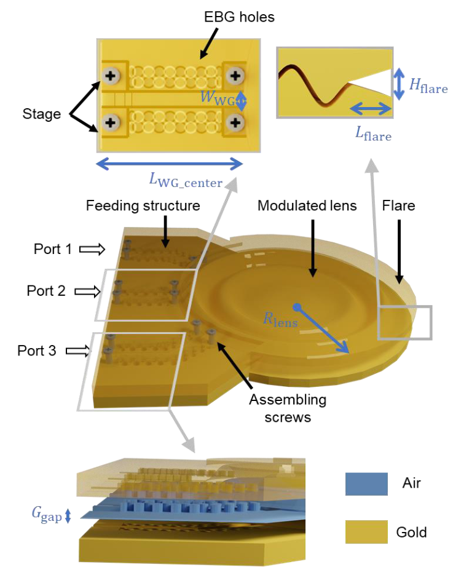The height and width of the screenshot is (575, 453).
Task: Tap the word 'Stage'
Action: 42,114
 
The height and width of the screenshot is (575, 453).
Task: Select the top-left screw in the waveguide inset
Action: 111,77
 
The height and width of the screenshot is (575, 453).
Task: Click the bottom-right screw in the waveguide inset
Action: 234,122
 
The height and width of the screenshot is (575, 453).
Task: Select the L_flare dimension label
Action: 369,133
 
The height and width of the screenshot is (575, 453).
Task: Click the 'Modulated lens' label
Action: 307,206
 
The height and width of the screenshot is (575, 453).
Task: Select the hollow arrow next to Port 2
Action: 85,290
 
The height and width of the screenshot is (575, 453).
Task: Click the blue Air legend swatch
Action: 366,484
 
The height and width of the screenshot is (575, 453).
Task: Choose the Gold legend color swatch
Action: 366,532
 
